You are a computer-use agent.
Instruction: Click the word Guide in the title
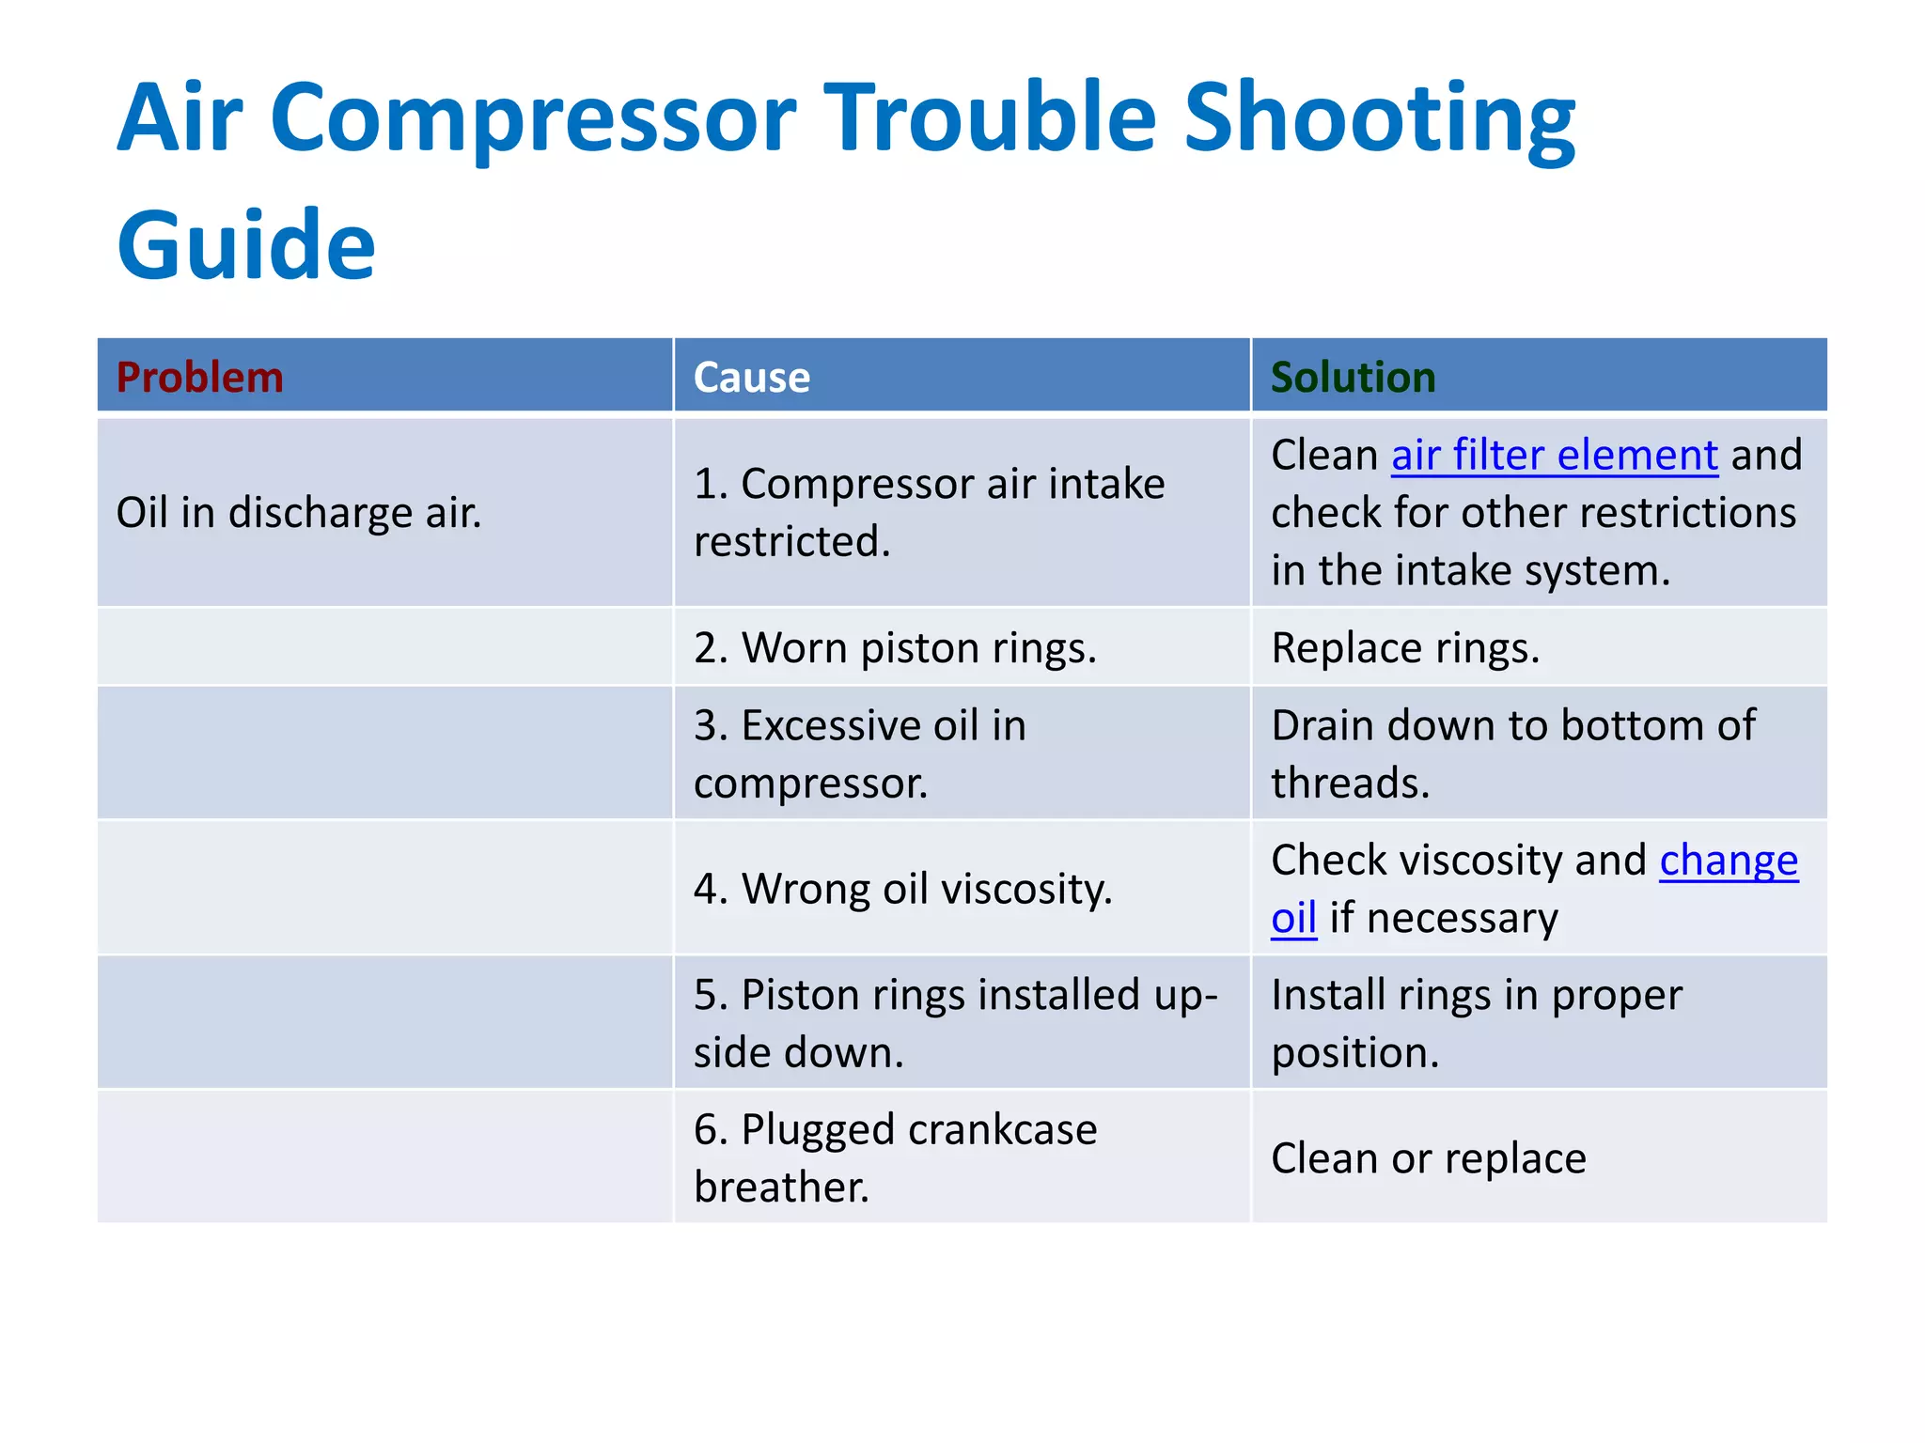pos(246,246)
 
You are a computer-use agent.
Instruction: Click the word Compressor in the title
pos(534,117)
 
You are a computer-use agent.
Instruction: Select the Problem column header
pos(199,378)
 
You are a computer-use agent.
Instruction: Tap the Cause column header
pos(751,378)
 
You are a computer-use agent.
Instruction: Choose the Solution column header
pos(1353,378)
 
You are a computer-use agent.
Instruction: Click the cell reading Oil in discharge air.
pos(298,513)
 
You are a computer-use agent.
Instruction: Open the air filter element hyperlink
pos(1554,456)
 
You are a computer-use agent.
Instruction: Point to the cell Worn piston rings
pos(895,648)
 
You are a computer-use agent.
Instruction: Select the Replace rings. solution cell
pos(1405,648)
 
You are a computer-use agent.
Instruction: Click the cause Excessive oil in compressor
pos(859,753)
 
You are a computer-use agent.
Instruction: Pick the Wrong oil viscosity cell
pos(902,889)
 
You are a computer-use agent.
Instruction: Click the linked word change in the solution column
pos(1728,861)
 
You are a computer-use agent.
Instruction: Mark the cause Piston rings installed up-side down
pos(954,1023)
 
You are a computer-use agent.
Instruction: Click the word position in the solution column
pos(1354,1053)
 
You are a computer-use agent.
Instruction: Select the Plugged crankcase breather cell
pos(895,1157)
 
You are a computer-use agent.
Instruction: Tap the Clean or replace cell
pos(1428,1158)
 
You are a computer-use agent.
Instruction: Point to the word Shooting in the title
pos(1379,117)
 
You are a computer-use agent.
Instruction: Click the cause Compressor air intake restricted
pos(929,513)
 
